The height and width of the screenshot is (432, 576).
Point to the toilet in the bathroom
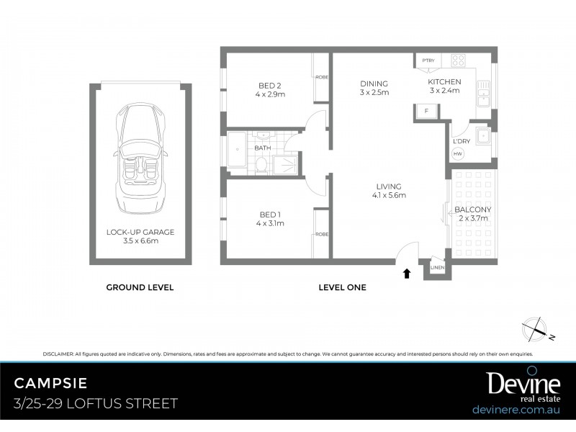263,165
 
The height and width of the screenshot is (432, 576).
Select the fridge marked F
426,111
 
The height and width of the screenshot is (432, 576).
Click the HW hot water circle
458,153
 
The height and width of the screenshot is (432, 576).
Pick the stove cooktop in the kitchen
458,61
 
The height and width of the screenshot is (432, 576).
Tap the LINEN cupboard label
438,268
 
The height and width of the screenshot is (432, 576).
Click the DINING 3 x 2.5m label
374,88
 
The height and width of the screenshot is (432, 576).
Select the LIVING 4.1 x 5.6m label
389,191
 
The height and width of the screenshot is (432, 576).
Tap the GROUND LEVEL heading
140,287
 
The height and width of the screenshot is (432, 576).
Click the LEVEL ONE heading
342,287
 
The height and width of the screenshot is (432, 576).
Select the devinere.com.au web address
516,409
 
